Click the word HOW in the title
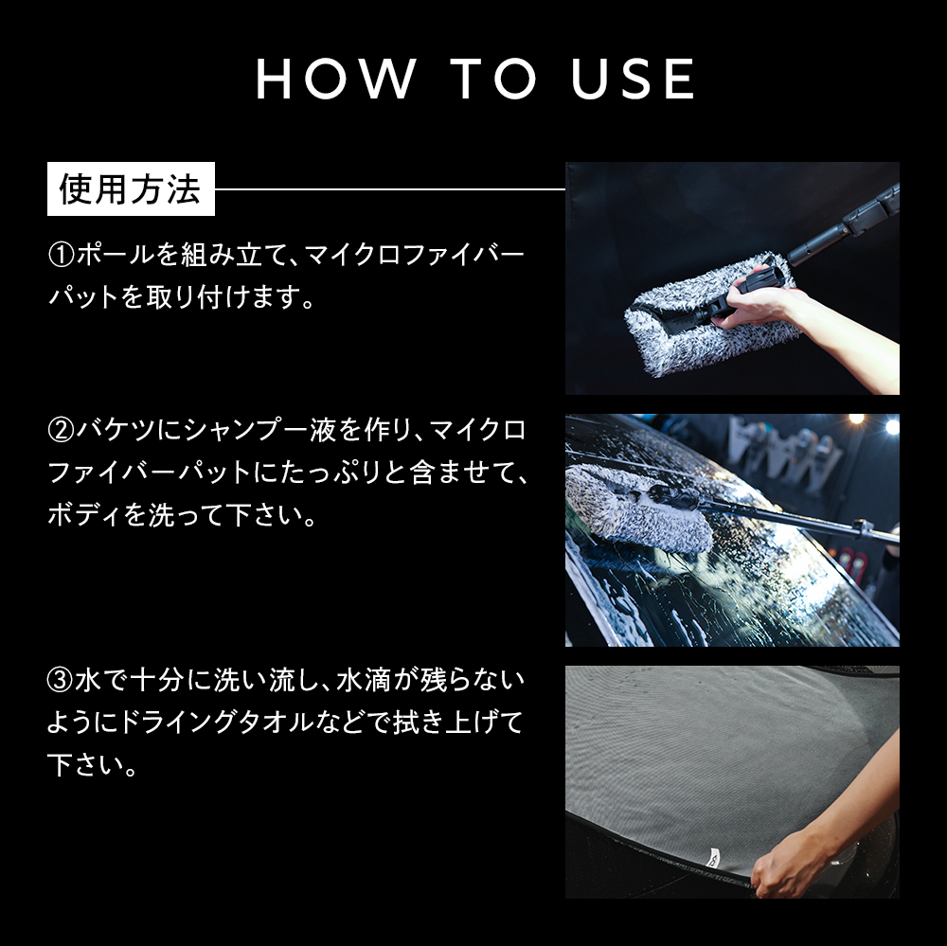click(336, 80)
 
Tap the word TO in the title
click(494, 80)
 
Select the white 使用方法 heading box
click(131, 188)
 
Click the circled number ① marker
click(61, 255)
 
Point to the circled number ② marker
click(61, 431)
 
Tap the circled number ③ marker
click(61, 682)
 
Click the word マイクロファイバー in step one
click(415, 255)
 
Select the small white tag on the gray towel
click(714, 855)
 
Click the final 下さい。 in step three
click(93, 765)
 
